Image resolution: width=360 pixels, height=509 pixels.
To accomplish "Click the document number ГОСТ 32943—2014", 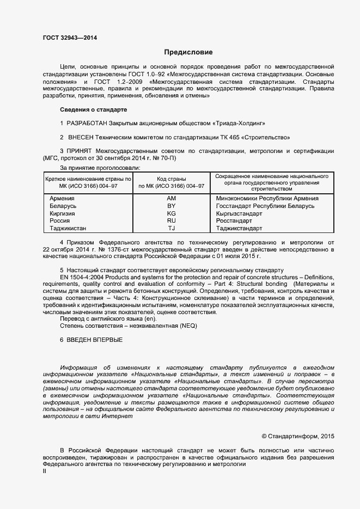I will tap(70, 38).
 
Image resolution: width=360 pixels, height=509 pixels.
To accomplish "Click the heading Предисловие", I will tap(188, 52).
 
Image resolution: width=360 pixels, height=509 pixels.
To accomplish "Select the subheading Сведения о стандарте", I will tap(93, 109).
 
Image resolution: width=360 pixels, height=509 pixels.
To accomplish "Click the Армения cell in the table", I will tap(62, 199).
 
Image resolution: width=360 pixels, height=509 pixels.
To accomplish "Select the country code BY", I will tap(172, 206).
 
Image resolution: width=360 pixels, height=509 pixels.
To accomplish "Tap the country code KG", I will tap(172, 214).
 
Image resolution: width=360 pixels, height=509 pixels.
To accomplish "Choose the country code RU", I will tap(172, 221).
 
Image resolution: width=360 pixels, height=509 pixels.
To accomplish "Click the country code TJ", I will tap(172, 229).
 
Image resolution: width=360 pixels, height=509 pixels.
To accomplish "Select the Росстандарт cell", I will tap(235, 221).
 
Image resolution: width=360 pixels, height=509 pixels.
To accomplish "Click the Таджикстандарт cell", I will tap(239, 229).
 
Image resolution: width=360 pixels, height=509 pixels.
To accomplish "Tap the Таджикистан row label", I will tap(68, 229).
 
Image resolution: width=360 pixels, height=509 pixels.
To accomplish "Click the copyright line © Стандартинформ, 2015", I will tap(298, 436).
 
